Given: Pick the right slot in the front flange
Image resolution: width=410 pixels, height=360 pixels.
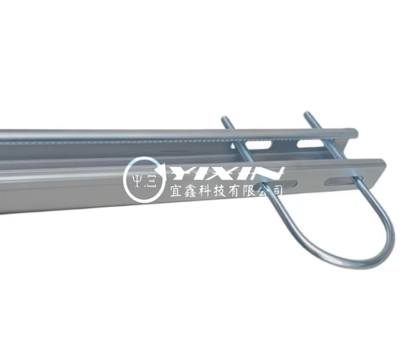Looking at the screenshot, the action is [x=343, y=180].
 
